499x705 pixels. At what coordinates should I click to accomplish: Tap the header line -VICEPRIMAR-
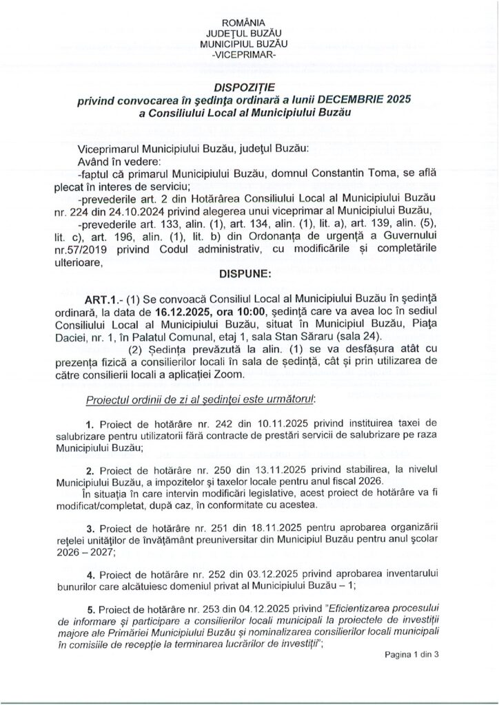[x=249, y=53]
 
